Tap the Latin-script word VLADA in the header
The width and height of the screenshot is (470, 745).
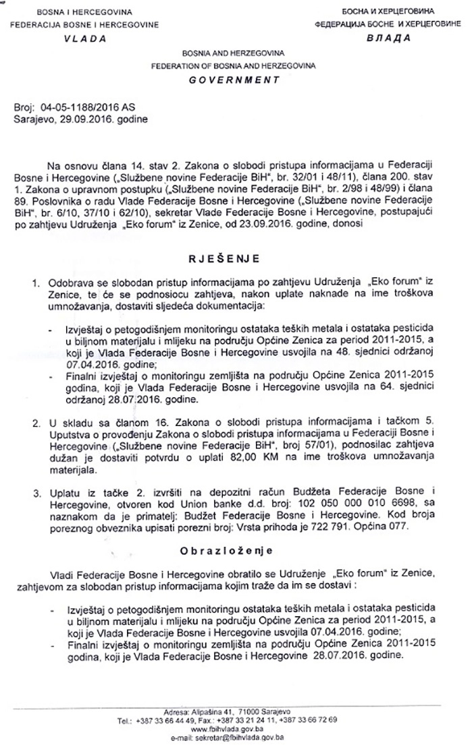(84, 38)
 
